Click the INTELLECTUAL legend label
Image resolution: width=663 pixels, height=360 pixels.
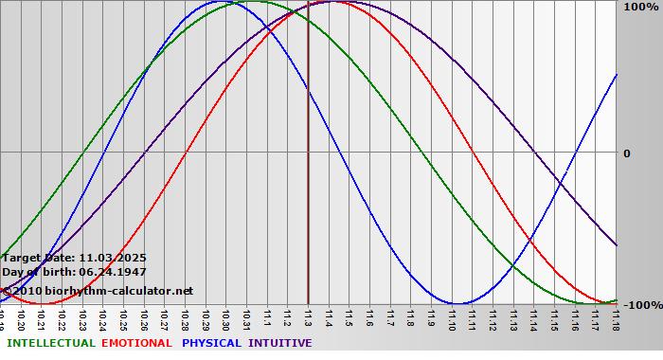coord(50,343)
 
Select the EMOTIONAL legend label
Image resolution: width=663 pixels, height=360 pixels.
coord(136,343)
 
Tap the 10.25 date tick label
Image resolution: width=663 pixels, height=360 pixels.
coord(124,319)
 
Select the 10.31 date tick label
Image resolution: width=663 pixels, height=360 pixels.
coord(246,319)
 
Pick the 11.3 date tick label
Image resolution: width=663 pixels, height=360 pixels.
coord(308,319)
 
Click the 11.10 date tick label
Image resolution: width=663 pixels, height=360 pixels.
coord(451,319)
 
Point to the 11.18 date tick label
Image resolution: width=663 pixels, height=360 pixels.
coord(615,319)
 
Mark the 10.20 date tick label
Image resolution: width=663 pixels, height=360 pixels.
coord(22,319)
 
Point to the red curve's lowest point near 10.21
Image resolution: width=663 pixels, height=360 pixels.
coord(40,304)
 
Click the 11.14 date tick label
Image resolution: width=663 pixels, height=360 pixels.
coord(532,319)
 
